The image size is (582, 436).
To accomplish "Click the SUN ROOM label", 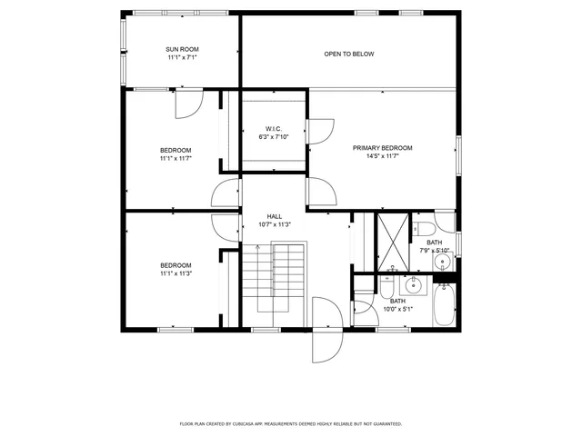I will point(182,49).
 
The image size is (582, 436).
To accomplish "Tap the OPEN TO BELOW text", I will point(349,54).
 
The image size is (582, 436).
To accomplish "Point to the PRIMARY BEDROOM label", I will point(383,148).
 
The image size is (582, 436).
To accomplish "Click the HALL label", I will point(274,216).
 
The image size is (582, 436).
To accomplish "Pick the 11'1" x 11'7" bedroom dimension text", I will point(176,159).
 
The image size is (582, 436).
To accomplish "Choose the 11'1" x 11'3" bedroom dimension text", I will point(176,273).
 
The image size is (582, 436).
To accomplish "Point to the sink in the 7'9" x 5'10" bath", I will point(443,263).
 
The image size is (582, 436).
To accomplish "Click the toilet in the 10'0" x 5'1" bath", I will point(387,292).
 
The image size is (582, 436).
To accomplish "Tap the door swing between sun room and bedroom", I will point(186,104).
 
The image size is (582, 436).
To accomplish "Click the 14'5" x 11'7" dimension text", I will point(383,157).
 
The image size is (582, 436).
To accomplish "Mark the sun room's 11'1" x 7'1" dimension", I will point(182,58).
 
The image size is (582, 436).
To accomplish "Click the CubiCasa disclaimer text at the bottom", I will point(290,423).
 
